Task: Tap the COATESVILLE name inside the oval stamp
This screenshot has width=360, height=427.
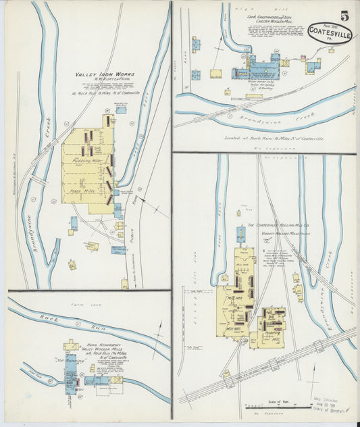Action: tap(329, 30)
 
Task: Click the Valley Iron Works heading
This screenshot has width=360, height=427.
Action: tap(101, 74)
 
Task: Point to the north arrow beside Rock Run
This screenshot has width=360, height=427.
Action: tap(160, 332)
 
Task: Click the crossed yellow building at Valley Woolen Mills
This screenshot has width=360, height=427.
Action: tap(116, 380)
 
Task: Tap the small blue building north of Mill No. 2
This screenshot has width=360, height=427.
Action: tap(240, 234)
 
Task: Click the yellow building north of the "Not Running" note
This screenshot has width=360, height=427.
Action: tap(71, 346)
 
